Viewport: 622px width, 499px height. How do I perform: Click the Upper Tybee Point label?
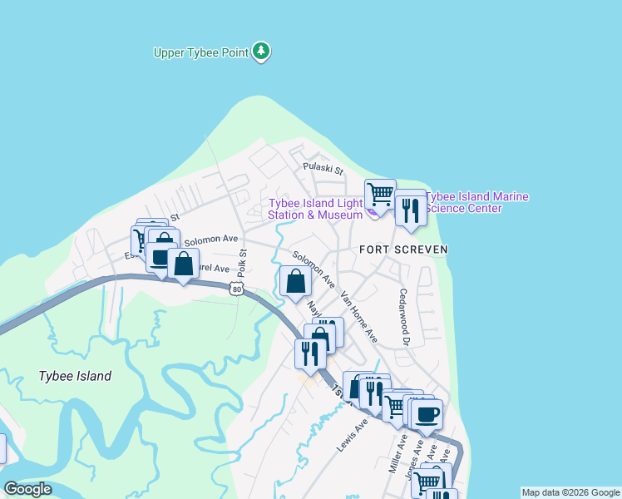tap(201, 52)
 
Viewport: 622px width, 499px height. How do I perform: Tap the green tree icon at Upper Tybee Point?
tap(263, 52)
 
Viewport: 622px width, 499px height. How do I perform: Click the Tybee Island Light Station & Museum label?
tap(315, 209)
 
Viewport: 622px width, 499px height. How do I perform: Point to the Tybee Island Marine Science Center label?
tap(476, 202)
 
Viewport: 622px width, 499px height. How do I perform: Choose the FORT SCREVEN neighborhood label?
tap(403, 249)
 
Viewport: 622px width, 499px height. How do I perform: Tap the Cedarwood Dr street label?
tap(405, 317)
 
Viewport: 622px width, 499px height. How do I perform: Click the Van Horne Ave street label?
tap(359, 317)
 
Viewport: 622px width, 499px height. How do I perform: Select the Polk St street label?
tap(243, 263)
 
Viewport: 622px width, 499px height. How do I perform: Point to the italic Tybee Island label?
tap(75, 376)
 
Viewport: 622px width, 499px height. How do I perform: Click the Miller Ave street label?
tap(397, 453)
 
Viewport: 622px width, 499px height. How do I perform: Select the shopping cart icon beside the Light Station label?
tap(380, 194)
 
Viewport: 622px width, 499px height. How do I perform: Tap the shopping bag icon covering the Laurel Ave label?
tap(183, 264)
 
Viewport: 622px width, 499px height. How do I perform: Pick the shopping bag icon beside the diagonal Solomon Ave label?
tap(295, 280)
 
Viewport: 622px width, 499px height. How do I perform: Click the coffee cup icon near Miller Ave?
tap(427, 413)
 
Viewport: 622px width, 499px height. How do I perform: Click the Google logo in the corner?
tap(27, 489)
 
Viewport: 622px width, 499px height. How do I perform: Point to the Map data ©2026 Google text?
tap(570, 492)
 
